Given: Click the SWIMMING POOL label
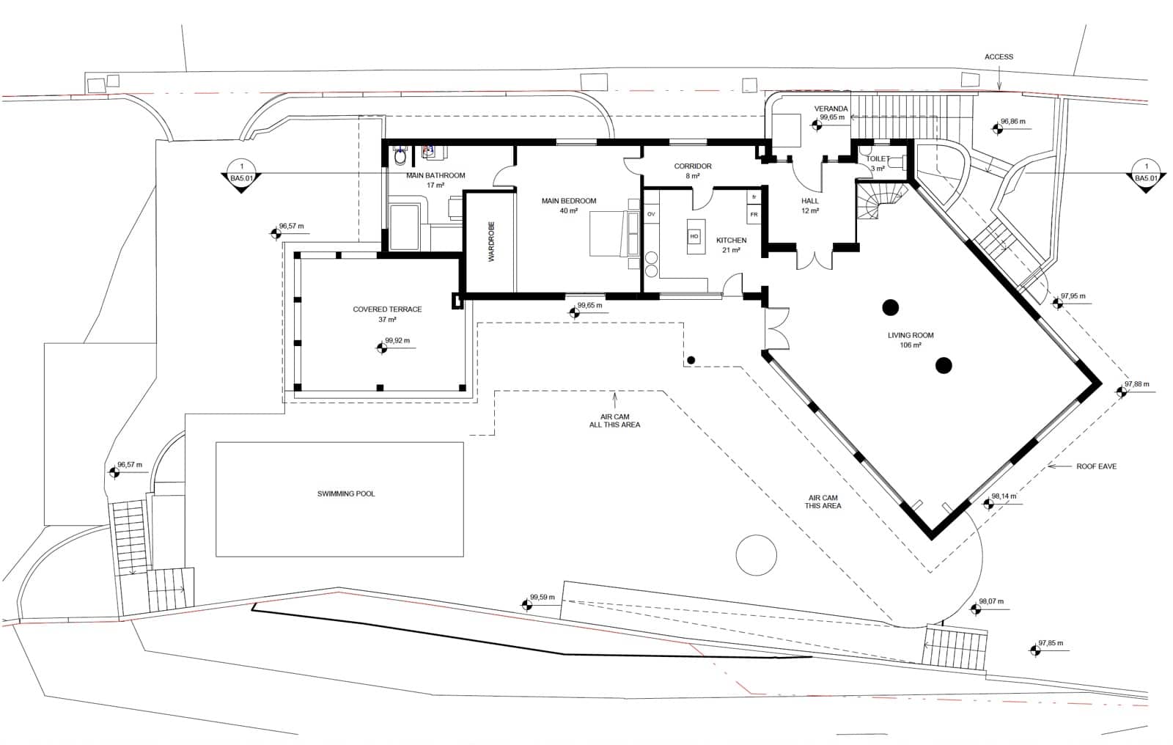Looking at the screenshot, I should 345,493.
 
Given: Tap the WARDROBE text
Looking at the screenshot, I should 492,241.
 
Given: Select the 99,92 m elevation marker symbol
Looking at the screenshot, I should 380,349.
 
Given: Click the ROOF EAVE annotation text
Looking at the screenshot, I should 1096,466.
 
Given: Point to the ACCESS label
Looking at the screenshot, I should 999,56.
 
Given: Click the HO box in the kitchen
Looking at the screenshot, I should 694,236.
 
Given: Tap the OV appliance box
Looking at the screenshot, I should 650,214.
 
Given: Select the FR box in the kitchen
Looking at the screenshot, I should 754,215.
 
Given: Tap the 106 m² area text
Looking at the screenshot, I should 911,345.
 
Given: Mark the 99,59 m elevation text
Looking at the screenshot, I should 543,597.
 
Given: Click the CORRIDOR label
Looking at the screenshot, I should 693,166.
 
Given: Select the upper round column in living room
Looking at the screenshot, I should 890,307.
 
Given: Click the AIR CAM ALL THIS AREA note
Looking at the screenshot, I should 614,420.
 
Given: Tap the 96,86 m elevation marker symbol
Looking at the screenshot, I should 997,129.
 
